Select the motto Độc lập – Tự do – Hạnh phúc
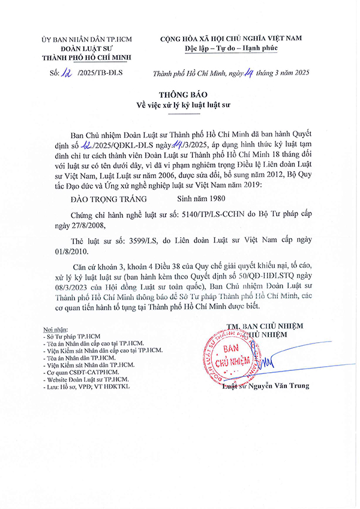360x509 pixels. click(x=230, y=48)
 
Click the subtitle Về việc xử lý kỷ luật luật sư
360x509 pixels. click(x=179, y=106)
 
